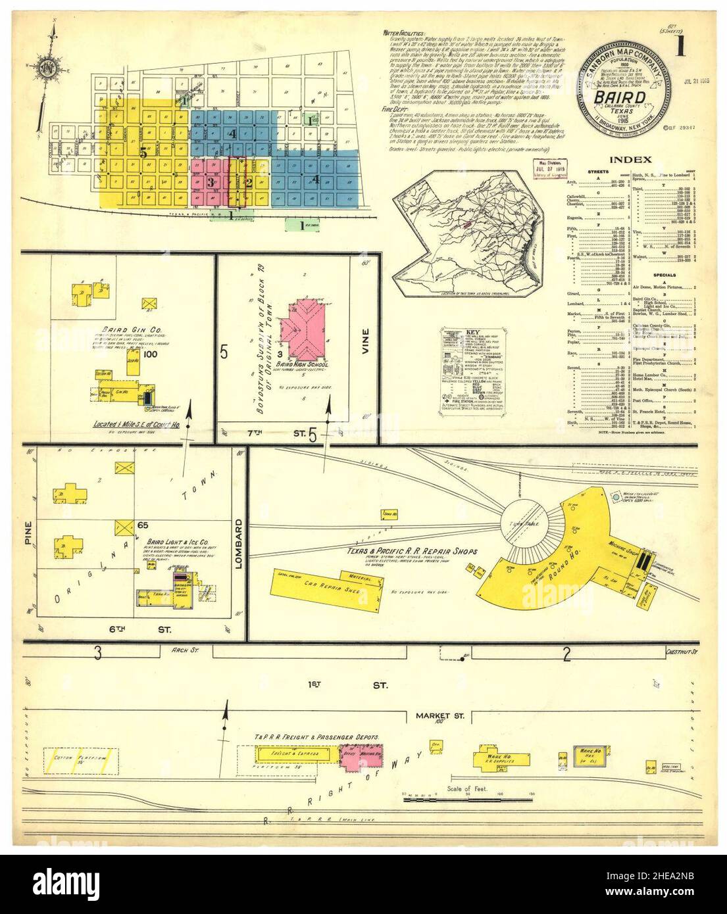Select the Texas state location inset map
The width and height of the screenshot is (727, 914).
(x=472, y=231)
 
